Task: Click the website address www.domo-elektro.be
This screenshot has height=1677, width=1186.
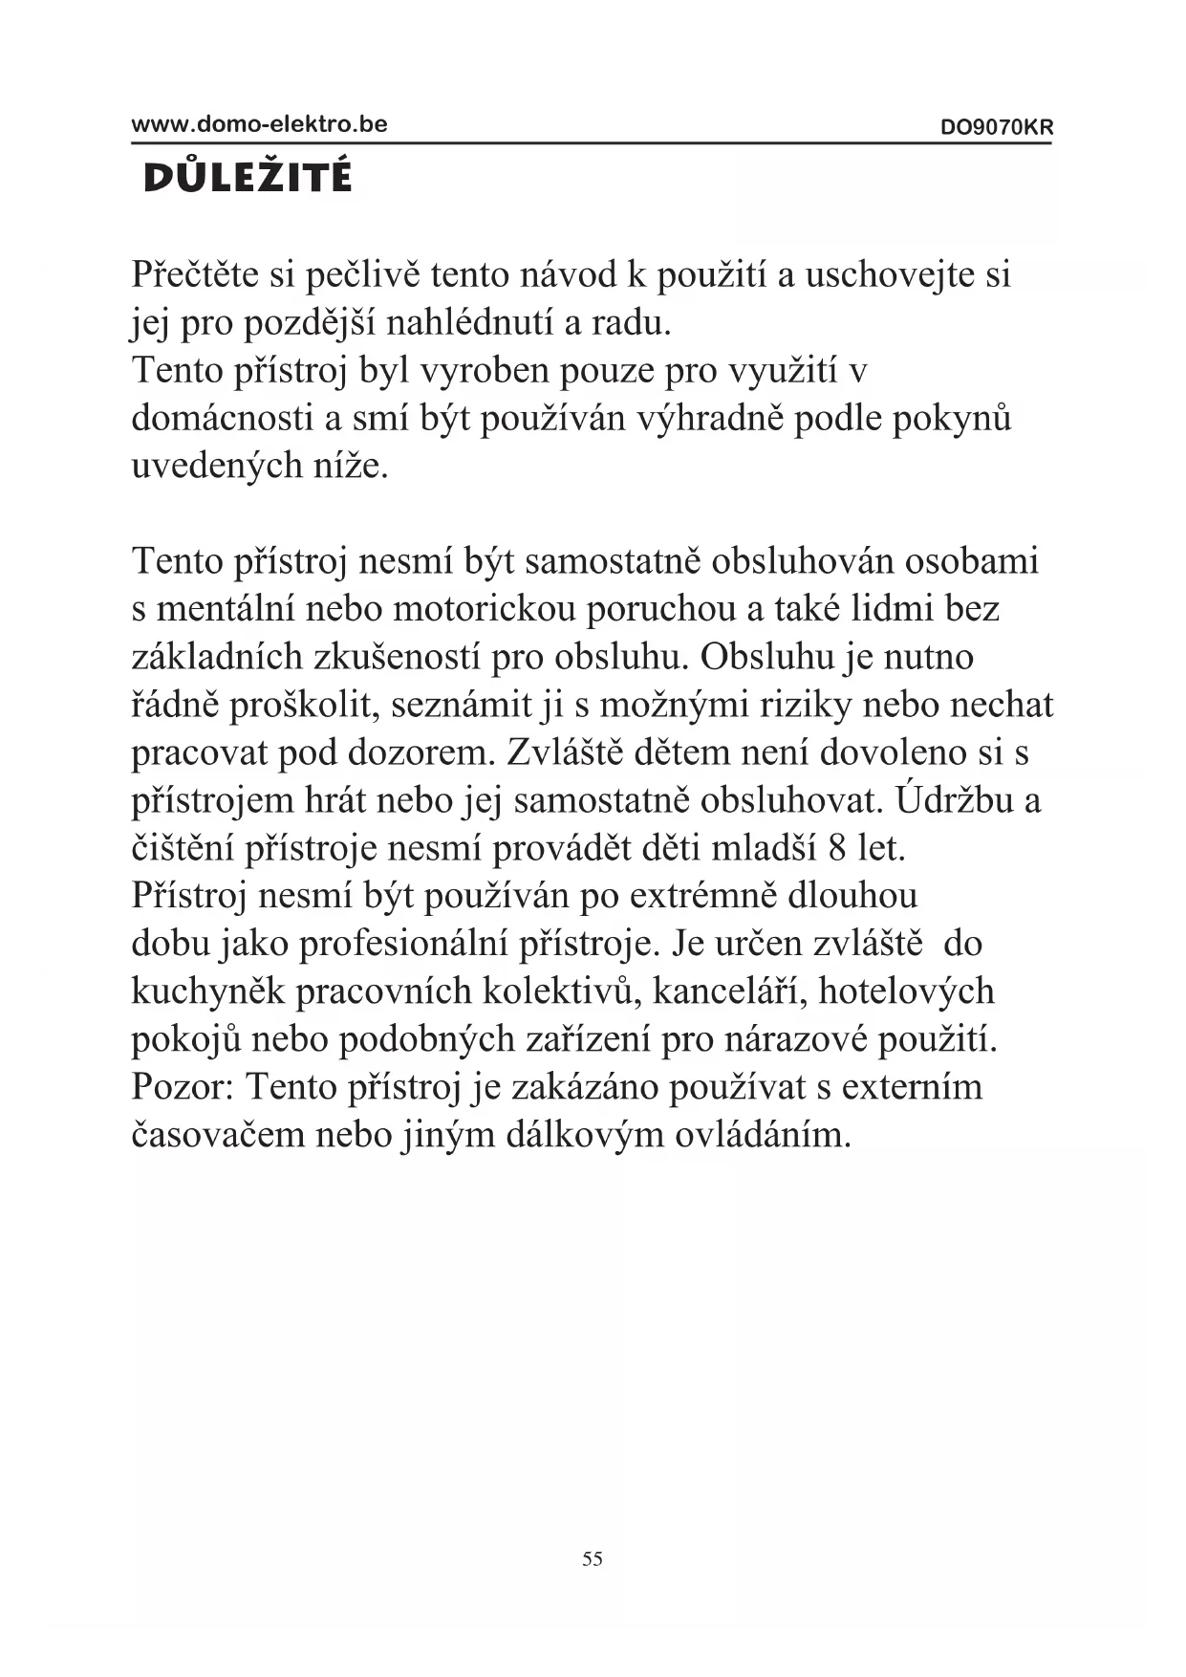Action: click(x=259, y=124)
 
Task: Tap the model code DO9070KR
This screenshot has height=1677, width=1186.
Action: click(x=996, y=127)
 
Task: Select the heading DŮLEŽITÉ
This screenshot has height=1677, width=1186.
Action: click(x=248, y=178)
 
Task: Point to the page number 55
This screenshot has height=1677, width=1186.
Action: click(x=593, y=1558)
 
